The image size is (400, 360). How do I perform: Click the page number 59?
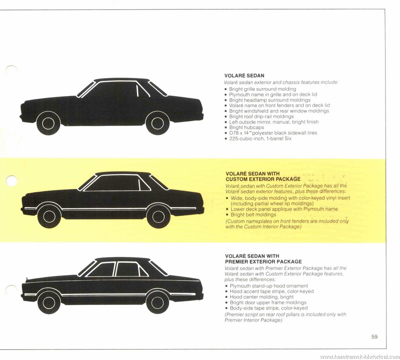pos(374,336)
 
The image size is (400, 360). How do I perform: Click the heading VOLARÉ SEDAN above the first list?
pos(244,76)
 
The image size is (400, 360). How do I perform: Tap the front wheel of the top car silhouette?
pos(48,123)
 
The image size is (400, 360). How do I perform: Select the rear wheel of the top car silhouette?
pos(158,123)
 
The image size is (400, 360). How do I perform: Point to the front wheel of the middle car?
pos(49,217)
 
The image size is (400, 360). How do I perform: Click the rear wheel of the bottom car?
pos(158,303)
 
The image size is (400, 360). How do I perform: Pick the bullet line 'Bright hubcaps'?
pos(246,127)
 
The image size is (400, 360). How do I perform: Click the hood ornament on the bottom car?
pos(27,279)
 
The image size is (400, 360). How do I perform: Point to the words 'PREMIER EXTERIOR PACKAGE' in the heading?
pos(263,261)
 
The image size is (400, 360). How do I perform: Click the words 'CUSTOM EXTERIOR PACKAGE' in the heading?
pos(263,179)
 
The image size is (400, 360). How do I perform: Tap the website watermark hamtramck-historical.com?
pos(360,357)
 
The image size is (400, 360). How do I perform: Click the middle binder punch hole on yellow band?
pos(11,181)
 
